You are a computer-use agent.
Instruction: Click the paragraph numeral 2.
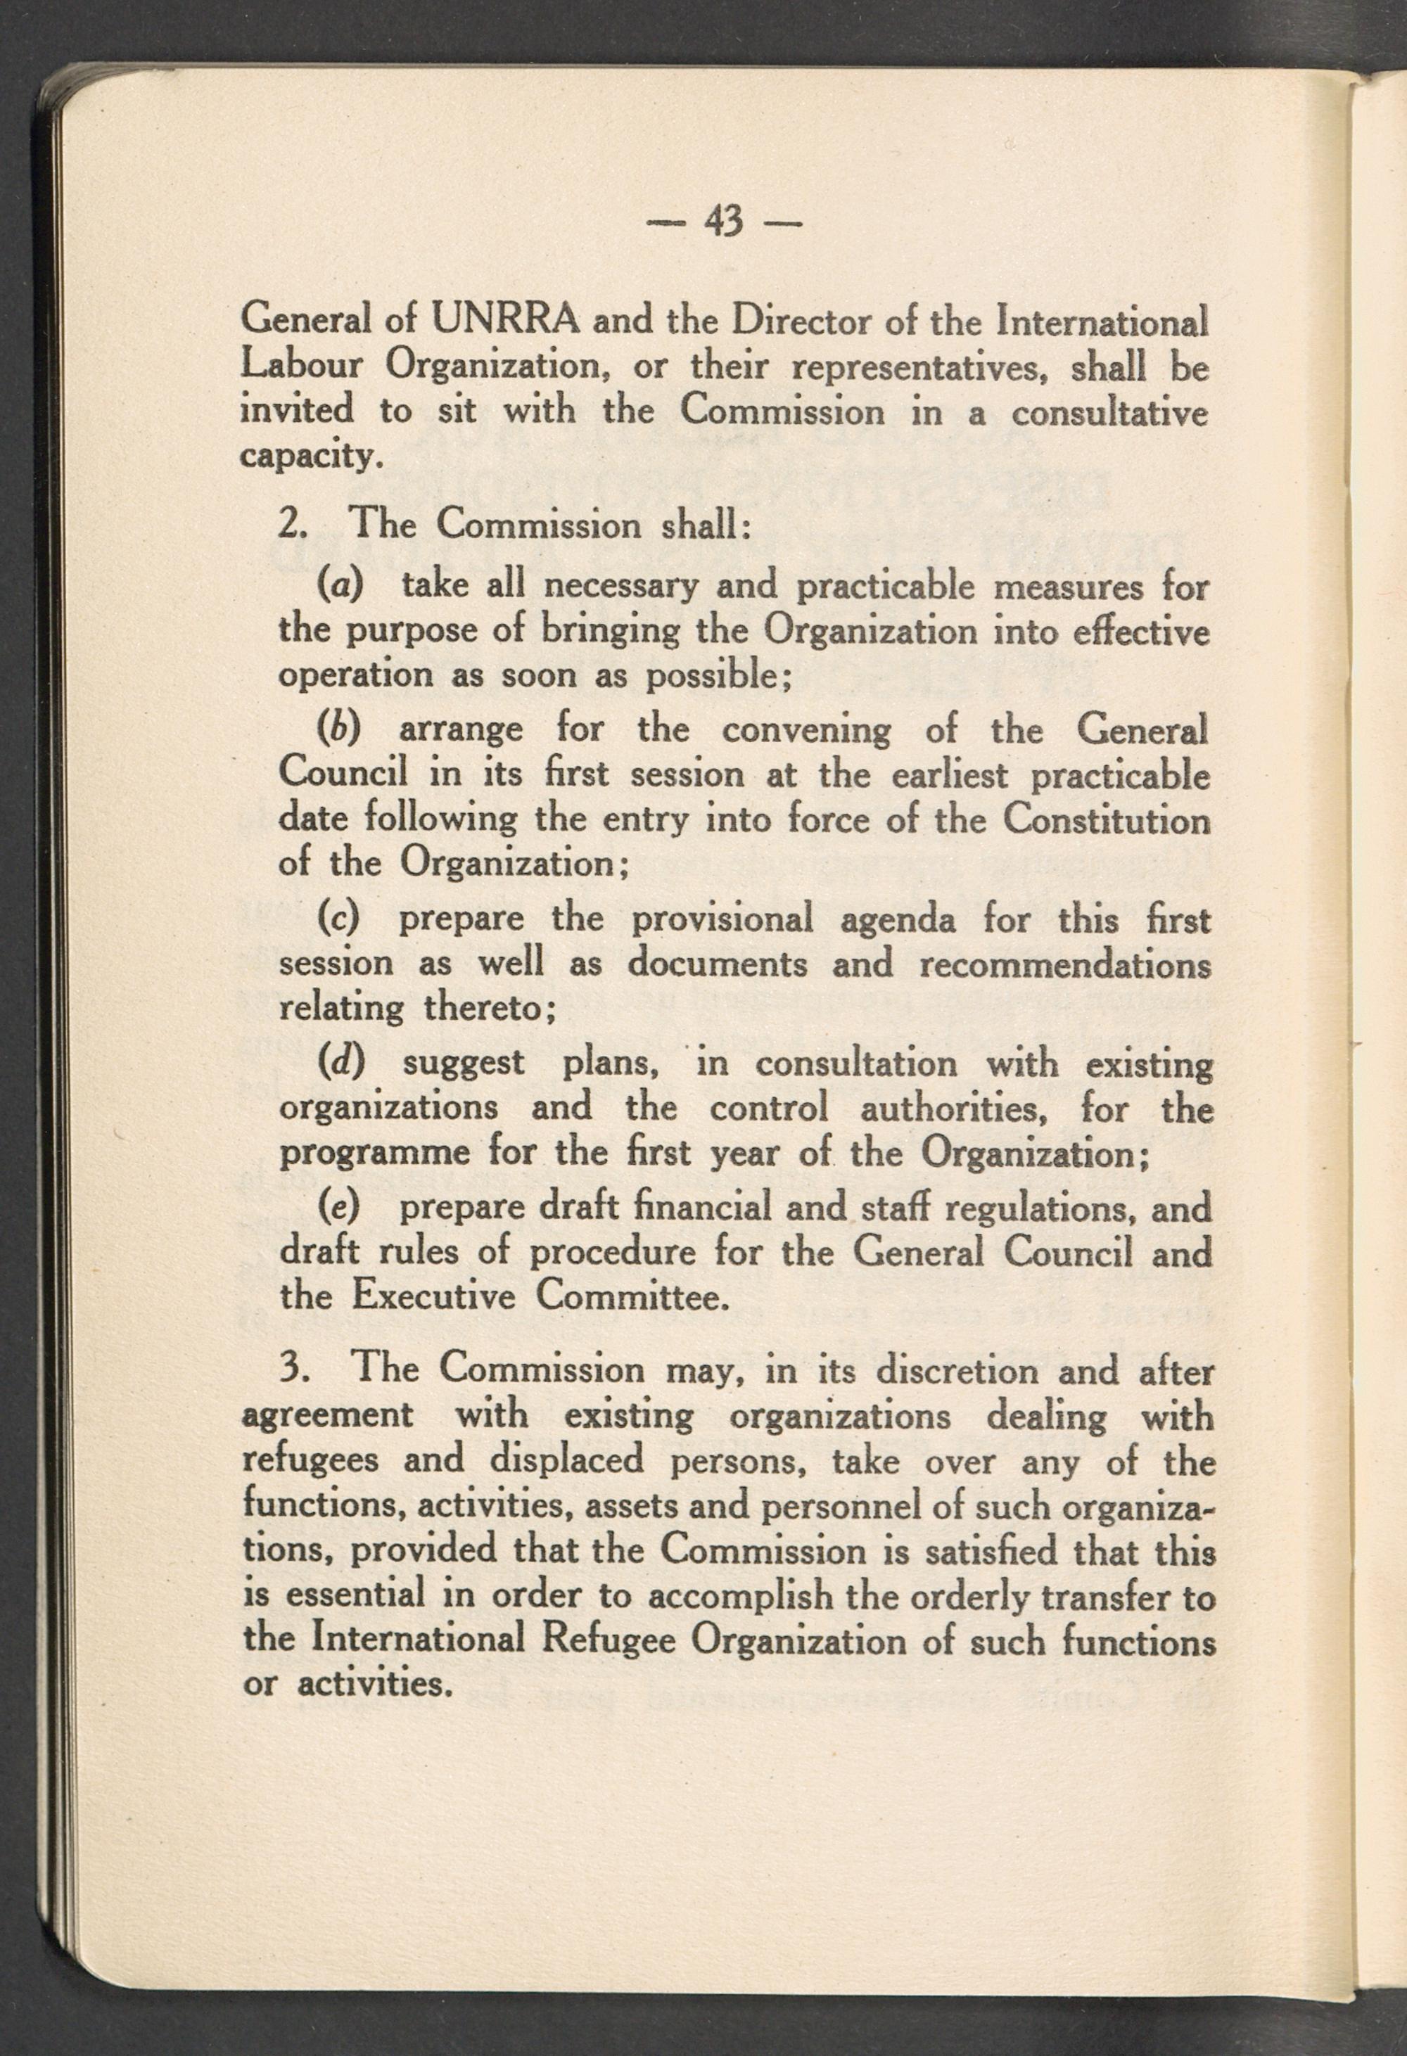pyautogui.click(x=291, y=525)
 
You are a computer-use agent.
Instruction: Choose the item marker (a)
pyautogui.click(x=340, y=587)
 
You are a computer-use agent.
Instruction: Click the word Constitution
pyautogui.click(x=1106, y=819)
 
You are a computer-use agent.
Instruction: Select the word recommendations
pyautogui.click(x=1064, y=964)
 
